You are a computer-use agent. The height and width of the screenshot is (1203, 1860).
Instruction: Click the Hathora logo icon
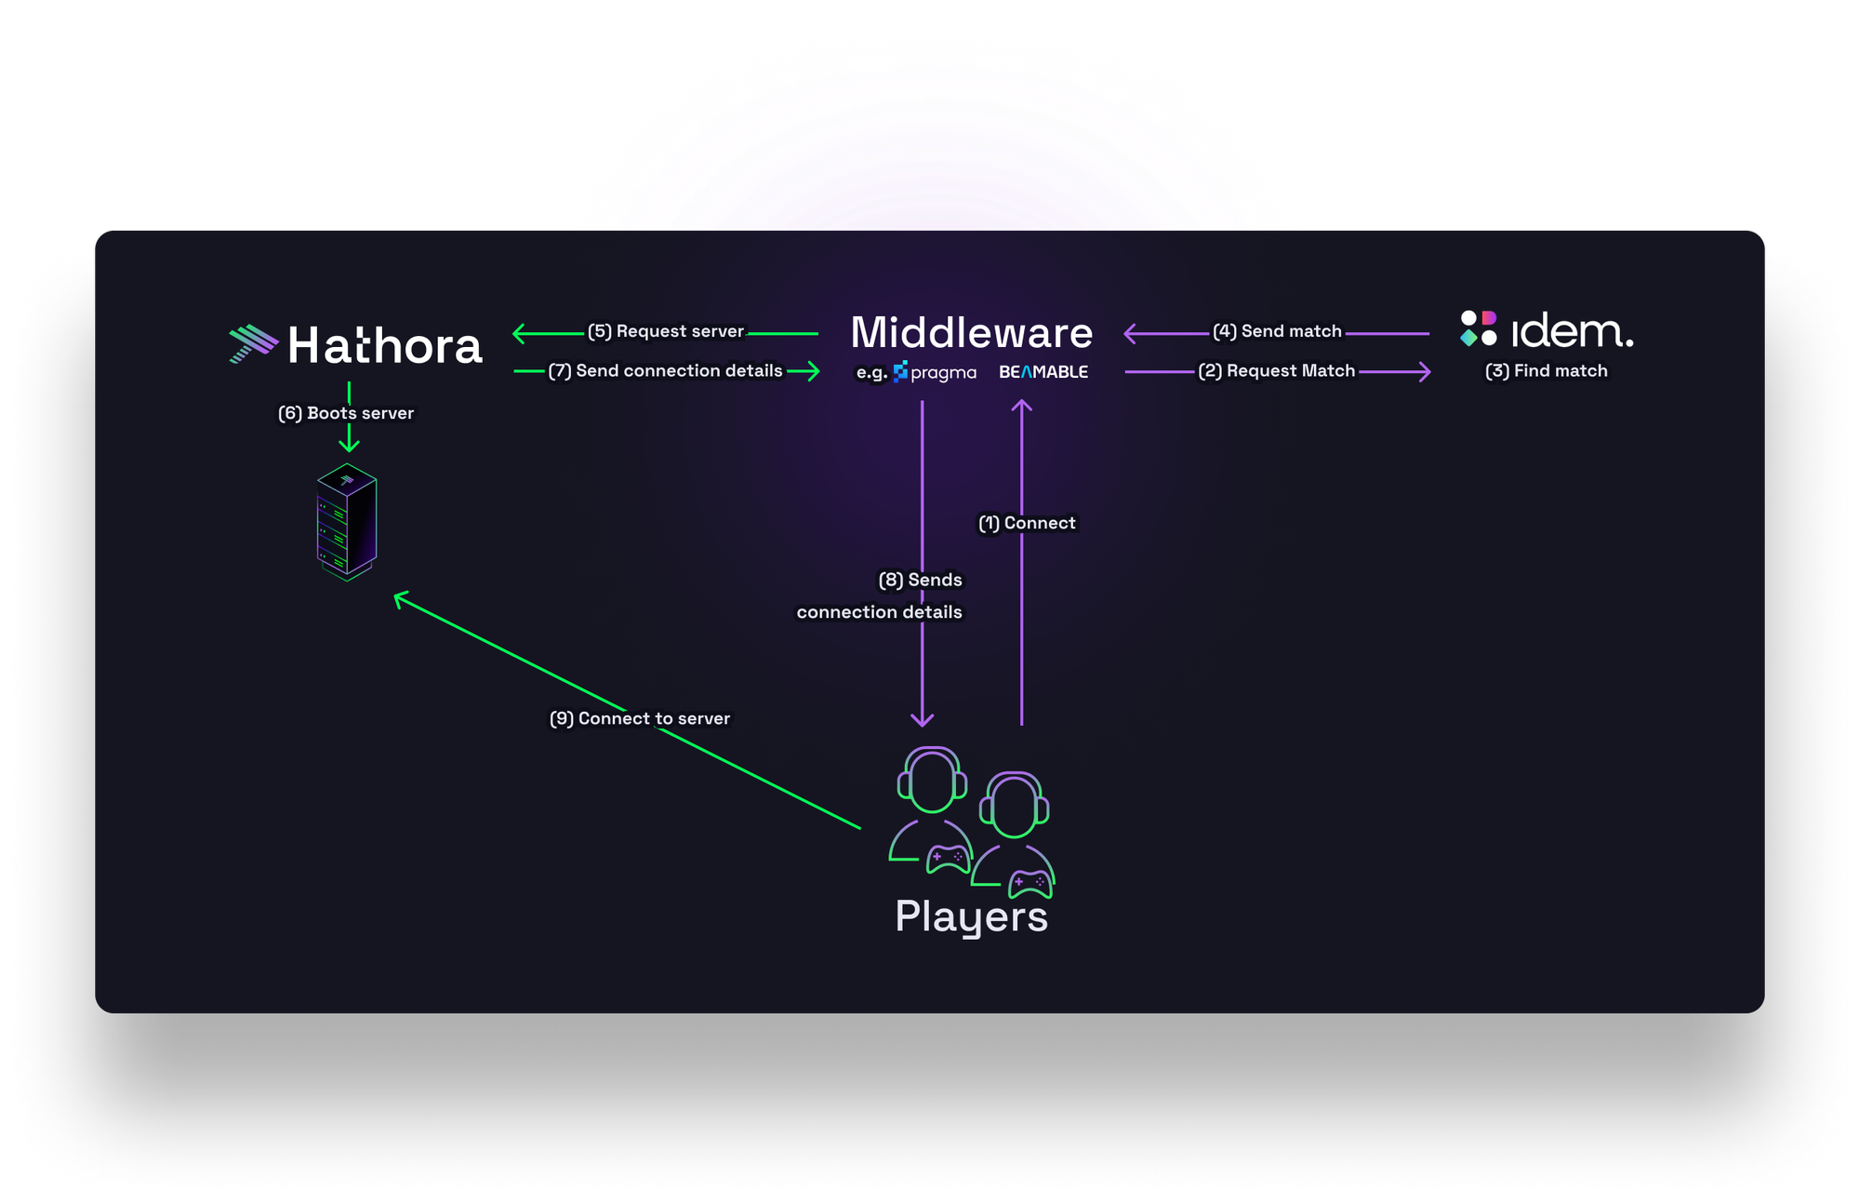tap(253, 343)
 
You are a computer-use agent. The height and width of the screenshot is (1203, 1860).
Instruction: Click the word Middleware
tap(971, 332)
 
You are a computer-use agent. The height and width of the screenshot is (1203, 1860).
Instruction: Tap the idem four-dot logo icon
tap(1478, 328)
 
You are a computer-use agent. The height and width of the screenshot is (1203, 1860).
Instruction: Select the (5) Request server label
tap(666, 331)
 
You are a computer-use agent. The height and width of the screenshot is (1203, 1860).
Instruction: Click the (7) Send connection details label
tap(665, 370)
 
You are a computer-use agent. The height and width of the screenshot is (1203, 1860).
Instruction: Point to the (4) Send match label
tap(1277, 331)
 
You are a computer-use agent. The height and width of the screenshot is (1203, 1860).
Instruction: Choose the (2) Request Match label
tap(1276, 370)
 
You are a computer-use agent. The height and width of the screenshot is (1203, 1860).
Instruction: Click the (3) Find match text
tap(1546, 370)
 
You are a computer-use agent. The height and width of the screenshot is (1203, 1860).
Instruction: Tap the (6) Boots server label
tap(346, 413)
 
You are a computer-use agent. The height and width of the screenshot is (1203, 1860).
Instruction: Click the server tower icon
tap(347, 522)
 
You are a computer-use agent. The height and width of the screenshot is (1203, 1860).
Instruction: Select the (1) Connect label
tap(1027, 523)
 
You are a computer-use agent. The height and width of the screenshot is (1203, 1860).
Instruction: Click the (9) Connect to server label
tap(640, 718)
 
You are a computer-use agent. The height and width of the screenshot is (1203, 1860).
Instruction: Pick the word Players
tap(971, 916)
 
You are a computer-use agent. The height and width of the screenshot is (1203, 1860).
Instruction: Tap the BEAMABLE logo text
tap(1043, 372)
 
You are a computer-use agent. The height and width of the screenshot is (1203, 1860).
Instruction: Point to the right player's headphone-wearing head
tap(1014, 805)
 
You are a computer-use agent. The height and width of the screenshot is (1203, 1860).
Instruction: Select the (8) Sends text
tap(920, 580)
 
